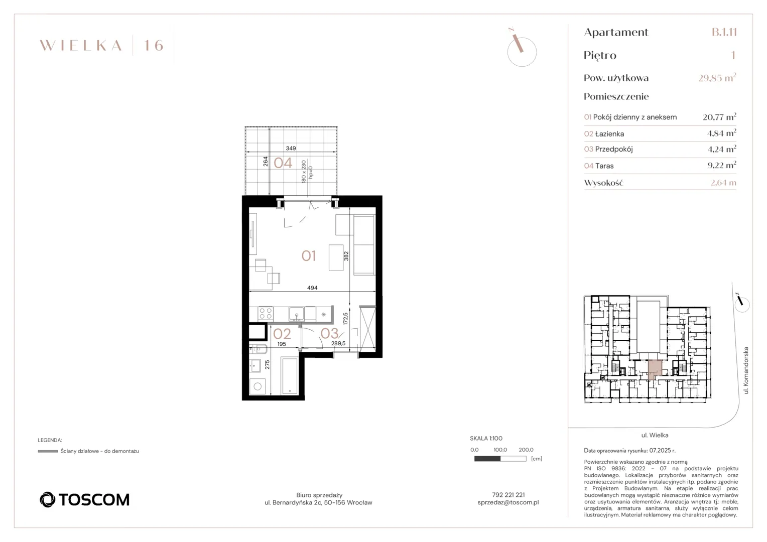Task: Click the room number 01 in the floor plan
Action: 308,256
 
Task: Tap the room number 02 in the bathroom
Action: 282,334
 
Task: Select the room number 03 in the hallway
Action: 329,333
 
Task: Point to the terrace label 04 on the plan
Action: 283,163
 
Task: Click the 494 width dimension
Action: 312,288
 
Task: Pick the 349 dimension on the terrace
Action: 291,148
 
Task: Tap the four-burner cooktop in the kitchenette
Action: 266,314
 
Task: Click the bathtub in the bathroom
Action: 290,376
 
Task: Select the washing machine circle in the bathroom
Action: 258,386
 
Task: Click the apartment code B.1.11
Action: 724,32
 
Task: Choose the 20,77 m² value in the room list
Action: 719,117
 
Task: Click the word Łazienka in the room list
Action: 609,134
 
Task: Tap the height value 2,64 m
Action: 723,183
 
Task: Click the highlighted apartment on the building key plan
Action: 655,369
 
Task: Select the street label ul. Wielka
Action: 655,435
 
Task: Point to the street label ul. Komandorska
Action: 746,370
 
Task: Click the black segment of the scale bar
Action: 487,459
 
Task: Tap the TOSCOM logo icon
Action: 47,499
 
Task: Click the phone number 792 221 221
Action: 508,495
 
